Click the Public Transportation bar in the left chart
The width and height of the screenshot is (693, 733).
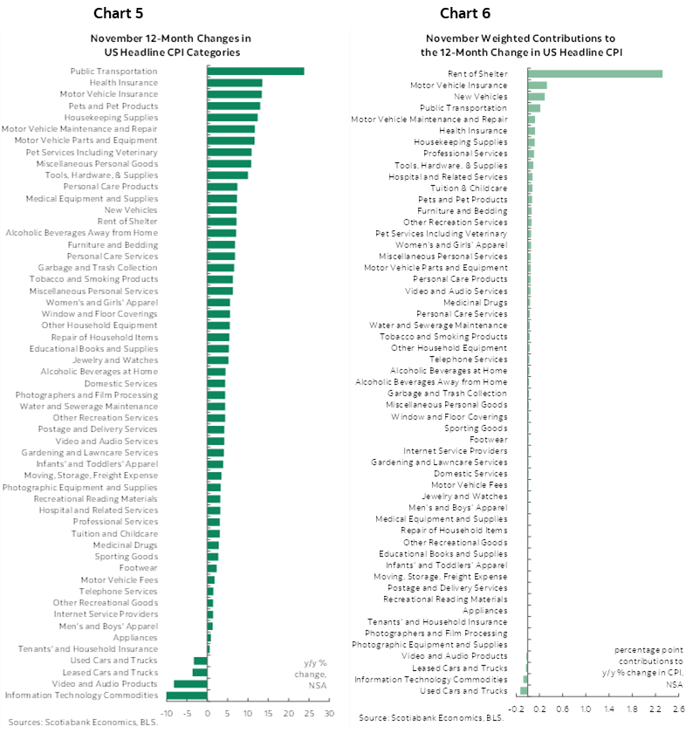pos(255,71)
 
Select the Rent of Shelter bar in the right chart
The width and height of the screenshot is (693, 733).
pos(596,73)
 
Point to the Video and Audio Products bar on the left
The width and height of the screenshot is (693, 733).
pos(190,684)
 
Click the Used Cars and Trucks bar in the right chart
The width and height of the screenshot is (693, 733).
pos(525,691)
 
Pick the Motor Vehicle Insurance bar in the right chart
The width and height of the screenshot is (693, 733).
pos(538,86)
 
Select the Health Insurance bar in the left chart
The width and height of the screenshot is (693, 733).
pos(235,83)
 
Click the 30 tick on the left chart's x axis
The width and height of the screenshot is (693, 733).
pos(329,713)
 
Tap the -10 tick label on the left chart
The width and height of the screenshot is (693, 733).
pos(167,713)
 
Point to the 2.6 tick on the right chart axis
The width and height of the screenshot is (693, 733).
pos(678,708)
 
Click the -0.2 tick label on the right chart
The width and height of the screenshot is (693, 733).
pos(517,708)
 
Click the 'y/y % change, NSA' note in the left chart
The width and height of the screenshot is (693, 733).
pos(314,674)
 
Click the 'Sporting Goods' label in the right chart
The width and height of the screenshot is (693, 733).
pos(476,428)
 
